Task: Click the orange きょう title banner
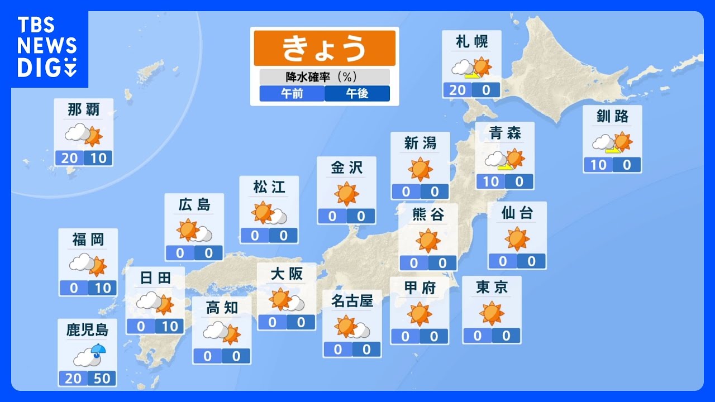[325, 48]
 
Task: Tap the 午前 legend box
[292, 93]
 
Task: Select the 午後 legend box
[357, 93]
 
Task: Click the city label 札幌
[471, 42]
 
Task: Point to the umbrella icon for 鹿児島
[98, 350]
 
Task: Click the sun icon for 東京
[492, 313]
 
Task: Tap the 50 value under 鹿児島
[102, 379]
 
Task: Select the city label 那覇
[84, 110]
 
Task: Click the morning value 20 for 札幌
[457, 89]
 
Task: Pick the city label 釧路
[612, 116]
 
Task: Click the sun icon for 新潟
[420, 169]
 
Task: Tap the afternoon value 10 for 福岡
[102, 288]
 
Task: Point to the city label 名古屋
[352, 301]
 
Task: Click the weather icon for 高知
[222, 333]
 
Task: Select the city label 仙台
[517, 213]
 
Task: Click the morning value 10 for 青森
[490, 181]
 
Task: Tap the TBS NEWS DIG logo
[47, 47]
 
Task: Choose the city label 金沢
[346, 167]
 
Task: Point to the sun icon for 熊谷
[428, 240]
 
